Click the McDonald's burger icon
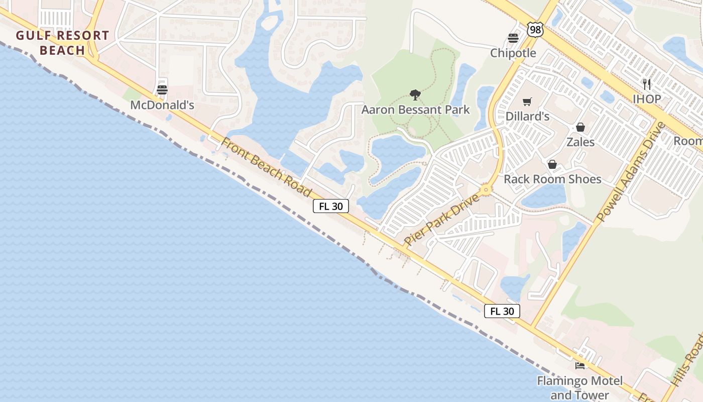(162, 90)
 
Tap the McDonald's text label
(162, 105)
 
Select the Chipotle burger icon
(513, 38)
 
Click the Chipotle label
(513, 53)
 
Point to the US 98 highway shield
(535, 29)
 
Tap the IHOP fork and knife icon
(647, 84)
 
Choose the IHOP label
(647, 99)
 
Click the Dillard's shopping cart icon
(527, 102)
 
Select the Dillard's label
(527, 117)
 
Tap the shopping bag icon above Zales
(580, 127)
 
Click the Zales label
(580, 142)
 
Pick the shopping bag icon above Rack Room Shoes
(552, 164)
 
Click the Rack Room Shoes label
(552, 179)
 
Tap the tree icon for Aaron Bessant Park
(415, 94)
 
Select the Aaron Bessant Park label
(416, 110)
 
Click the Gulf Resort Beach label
(62, 43)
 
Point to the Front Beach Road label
(266, 166)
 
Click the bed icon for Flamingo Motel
(580, 365)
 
